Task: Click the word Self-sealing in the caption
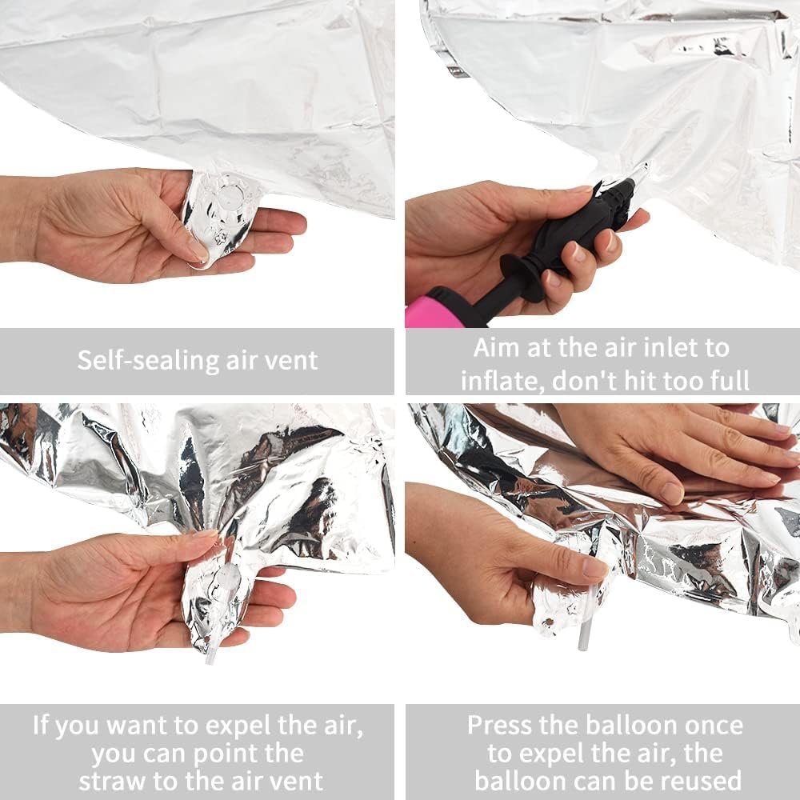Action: (137, 360)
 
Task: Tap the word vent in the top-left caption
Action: (290, 360)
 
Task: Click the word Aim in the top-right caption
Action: (494, 348)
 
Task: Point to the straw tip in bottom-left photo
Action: (211, 658)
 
